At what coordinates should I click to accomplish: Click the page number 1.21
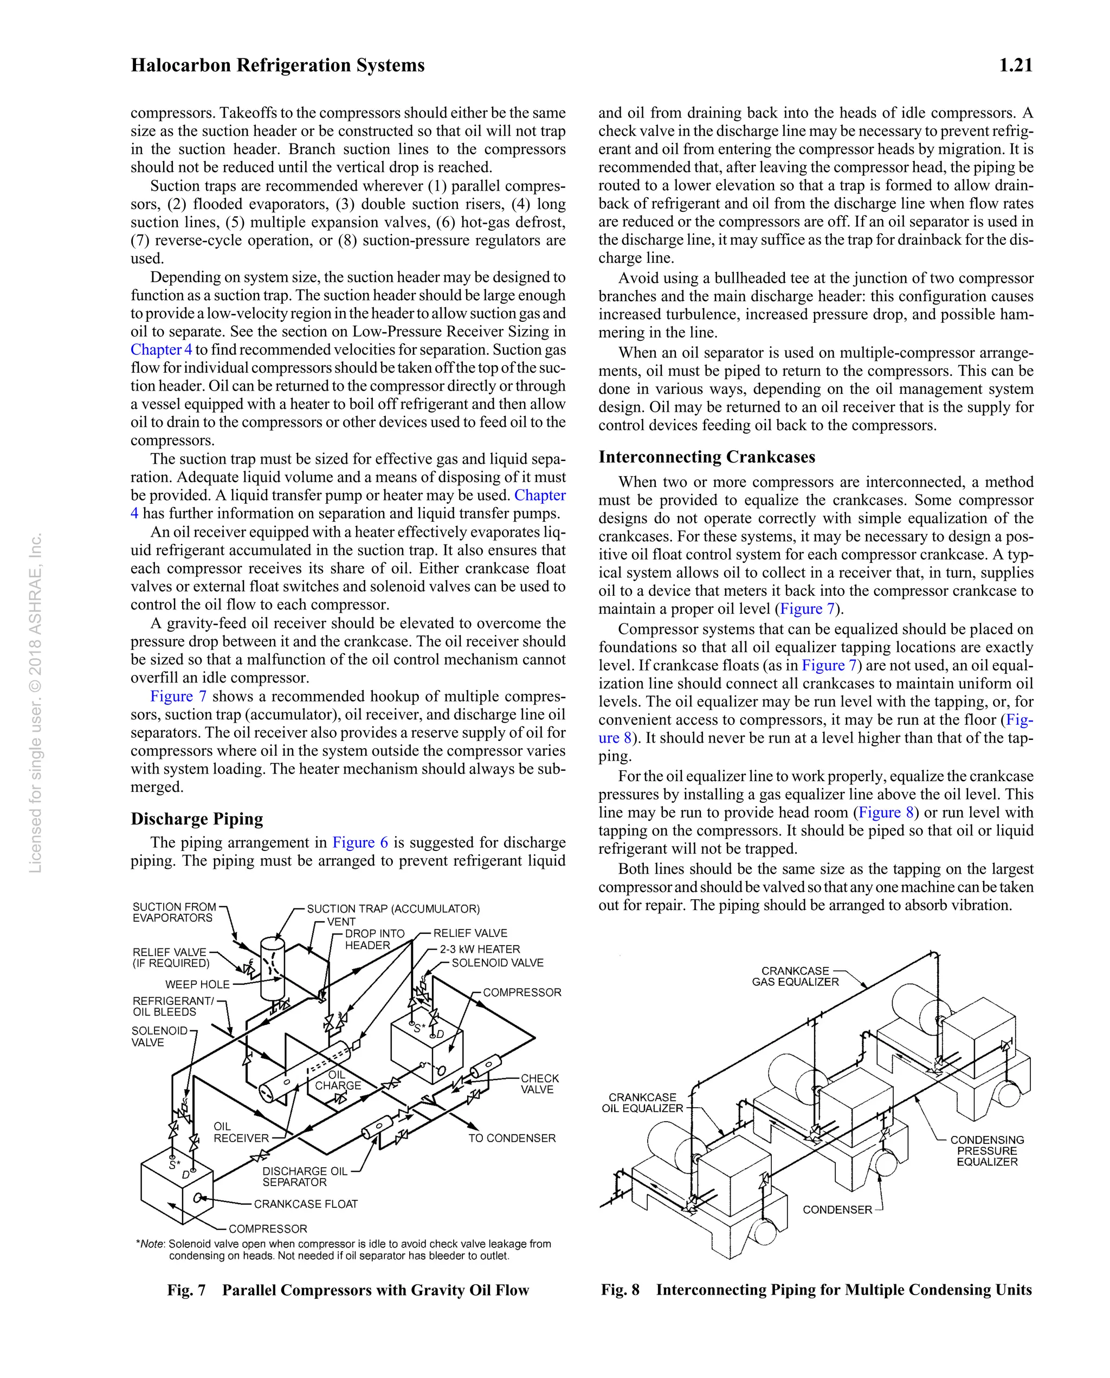(x=1015, y=65)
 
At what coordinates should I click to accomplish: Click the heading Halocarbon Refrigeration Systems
(x=277, y=65)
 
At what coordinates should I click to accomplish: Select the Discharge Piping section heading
(x=196, y=819)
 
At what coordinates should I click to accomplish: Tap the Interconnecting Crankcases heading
(x=707, y=457)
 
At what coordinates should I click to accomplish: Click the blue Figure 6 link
(x=360, y=842)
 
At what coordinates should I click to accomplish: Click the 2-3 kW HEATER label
(x=480, y=949)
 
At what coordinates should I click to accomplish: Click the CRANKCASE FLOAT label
(x=306, y=1204)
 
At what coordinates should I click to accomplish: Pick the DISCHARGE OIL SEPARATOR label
(x=305, y=1176)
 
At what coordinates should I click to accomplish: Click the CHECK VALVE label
(x=539, y=1084)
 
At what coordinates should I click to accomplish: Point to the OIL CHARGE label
(x=338, y=1080)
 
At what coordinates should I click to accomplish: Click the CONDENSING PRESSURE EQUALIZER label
(x=986, y=1150)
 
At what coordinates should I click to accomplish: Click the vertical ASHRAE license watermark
(x=36, y=703)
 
